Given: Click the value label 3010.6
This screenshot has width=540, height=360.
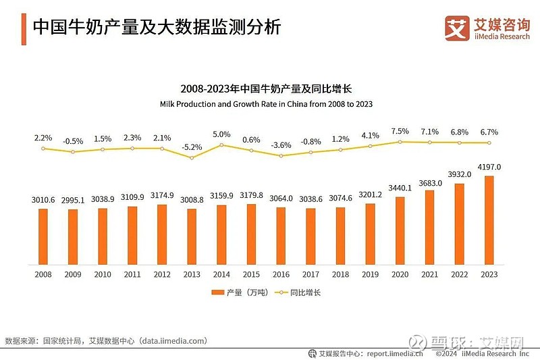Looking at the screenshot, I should [43, 199].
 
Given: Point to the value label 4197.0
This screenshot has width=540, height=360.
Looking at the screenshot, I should [489, 167].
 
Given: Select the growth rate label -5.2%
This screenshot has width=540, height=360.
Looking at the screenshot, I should [192, 147].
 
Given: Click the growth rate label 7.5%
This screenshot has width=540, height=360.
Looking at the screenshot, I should [400, 131].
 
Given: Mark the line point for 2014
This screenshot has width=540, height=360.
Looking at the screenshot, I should [221, 145].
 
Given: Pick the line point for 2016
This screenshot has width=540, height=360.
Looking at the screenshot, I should [281, 155].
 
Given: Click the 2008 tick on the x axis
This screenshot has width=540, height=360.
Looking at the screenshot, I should [43, 274].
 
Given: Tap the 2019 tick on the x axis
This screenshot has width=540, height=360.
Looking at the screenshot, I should [370, 274].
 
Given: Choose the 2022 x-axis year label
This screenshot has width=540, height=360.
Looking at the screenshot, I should [459, 274].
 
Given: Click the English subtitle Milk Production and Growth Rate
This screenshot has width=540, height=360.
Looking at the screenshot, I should [266, 105].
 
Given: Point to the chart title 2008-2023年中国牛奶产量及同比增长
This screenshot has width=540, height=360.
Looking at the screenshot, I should [267, 88].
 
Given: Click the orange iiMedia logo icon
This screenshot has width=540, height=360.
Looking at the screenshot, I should [457, 27].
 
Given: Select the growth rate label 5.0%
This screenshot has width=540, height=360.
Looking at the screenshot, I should [221, 134].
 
